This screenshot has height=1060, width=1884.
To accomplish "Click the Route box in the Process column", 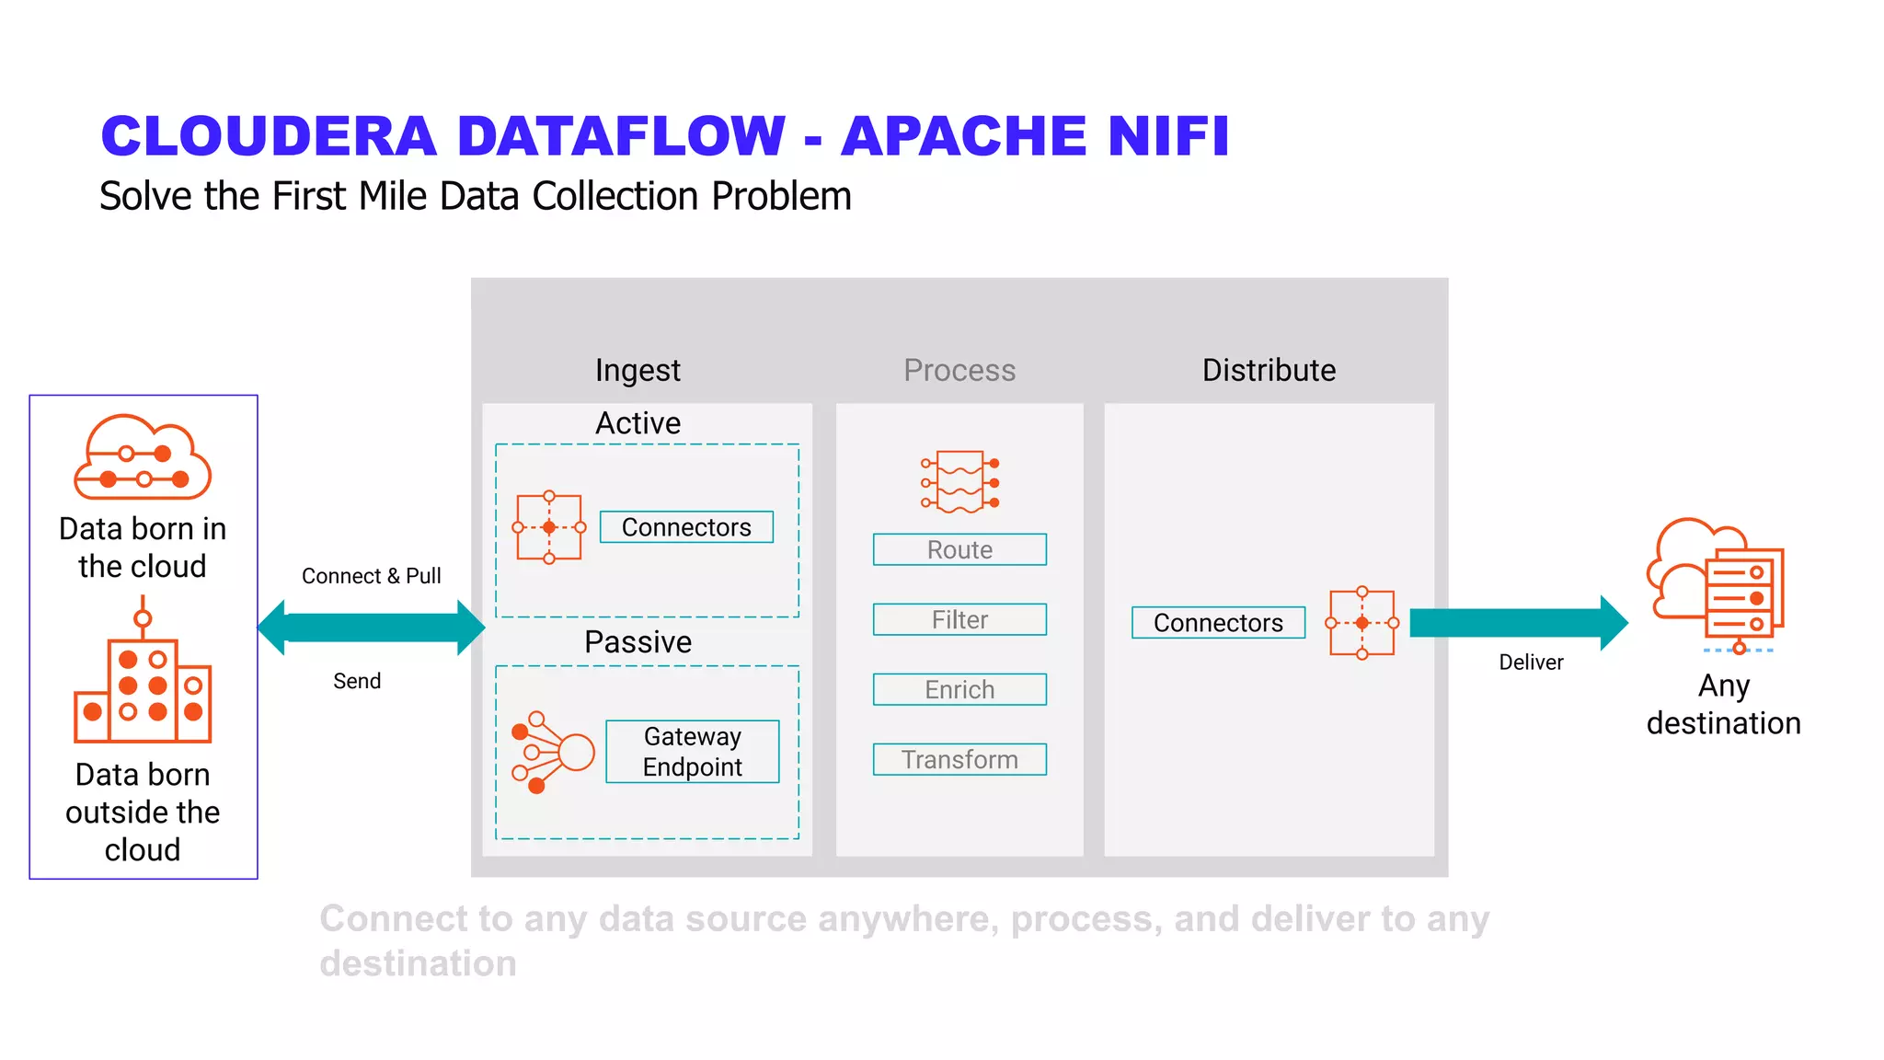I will (959, 549).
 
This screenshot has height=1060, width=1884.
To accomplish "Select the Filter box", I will (959, 619).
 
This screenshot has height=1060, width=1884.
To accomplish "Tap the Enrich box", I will (959, 689).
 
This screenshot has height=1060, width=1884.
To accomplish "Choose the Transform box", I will (959, 759).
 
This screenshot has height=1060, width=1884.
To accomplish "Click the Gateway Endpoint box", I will (692, 751).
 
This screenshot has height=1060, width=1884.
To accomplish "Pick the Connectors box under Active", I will (686, 527).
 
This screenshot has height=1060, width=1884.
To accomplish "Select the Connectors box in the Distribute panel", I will (1217, 623).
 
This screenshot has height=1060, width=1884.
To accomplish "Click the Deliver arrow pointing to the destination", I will (1518, 623).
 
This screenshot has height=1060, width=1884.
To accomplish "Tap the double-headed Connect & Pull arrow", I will (371, 628).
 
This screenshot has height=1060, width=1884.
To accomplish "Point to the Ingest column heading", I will (638, 370).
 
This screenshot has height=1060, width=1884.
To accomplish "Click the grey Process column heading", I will (959, 370).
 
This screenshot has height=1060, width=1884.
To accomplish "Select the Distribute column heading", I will (1269, 370).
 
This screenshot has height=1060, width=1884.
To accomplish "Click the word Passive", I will (638, 641).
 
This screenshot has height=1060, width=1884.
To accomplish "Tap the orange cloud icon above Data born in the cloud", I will (143, 457).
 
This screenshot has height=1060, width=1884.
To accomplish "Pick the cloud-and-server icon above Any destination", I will (1717, 584).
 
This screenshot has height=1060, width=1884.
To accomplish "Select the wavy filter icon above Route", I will (959, 481).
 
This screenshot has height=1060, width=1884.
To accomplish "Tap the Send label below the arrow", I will (357, 681).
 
